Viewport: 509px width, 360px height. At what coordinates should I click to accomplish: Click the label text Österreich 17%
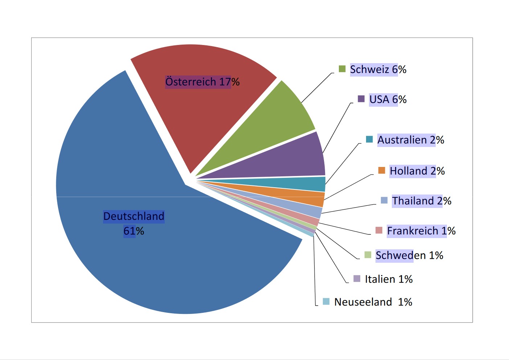202,82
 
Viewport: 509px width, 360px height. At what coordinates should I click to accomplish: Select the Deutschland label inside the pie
134,216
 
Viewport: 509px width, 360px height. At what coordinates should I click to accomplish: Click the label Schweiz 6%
378,69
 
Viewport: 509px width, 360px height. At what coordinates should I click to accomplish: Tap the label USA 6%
388,99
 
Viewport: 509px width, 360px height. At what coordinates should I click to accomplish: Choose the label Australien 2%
411,140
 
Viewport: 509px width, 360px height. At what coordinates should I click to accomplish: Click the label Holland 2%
417,171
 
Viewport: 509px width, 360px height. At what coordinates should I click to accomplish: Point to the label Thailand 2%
422,201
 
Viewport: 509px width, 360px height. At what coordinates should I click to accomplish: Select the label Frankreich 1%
421,231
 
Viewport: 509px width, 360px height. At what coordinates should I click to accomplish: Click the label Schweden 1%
409,255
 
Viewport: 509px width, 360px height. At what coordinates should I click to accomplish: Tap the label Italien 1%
389,279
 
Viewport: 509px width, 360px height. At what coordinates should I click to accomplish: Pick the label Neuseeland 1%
373,302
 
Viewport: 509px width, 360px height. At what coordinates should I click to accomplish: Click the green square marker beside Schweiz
342,69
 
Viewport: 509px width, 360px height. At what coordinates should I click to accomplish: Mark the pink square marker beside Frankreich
379,230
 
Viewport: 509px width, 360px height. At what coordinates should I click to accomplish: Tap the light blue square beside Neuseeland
326,302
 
